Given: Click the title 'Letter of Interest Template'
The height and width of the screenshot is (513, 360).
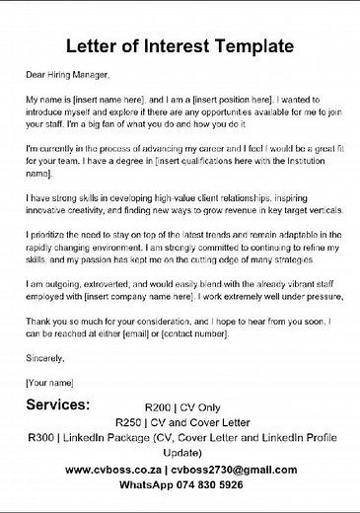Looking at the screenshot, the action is (180, 45).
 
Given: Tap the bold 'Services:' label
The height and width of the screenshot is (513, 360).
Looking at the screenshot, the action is (58, 405).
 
